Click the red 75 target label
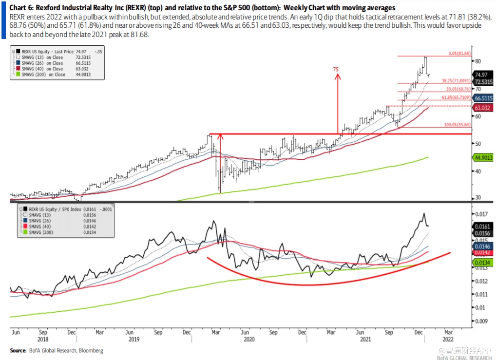point(336,70)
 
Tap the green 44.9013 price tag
point(483,157)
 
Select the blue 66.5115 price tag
point(483,98)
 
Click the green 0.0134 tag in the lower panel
point(483,263)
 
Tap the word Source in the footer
point(19,350)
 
